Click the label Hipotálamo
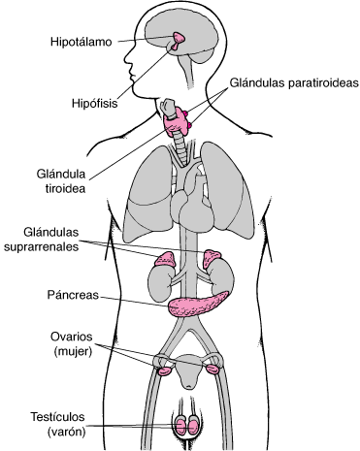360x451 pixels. pyautogui.click(x=81, y=42)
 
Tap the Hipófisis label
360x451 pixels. pyautogui.click(x=94, y=104)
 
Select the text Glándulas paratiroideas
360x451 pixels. pyautogui.click(x=294, y=83)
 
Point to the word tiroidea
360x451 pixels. pyautogui.click(x=65, y=188)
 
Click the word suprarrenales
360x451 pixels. pyautogui.click(x=41, y=247)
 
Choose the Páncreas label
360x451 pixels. pyautogui.click(x=73, y=295)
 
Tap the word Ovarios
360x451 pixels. pyautogui.click(x=71, y=337)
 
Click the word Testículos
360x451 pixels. pyautogui.click(x=57, y=417)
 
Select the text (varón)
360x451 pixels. pyautogui.click(x=66, y=432)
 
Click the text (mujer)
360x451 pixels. pyautogui.click(x=73, y=351)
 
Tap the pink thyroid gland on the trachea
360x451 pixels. pyautogui.click(x=177, y=123)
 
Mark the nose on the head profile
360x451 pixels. pyautogui.click(x=127, y=58)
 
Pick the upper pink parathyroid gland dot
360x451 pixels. pyautogui.click(x=185, y=113)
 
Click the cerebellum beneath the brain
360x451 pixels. pyautogui.click(x=202, y=55)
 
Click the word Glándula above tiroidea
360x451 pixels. pyautogui.click(x=61, y=174)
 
